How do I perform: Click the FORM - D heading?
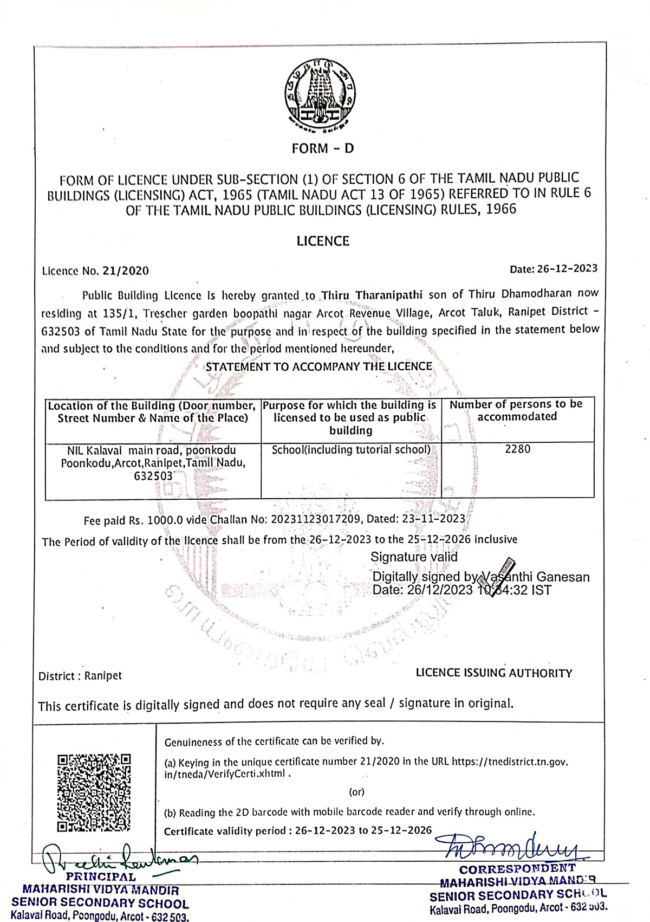click(322, 149)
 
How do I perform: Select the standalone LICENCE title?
click(323, 241)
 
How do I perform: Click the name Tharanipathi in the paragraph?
click(388, 295)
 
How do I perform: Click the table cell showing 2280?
click(517, 449)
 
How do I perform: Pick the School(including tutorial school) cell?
click(351, 450)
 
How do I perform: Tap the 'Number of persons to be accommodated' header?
click(516, 410)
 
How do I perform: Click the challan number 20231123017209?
click(316, 519)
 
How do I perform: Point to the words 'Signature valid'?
click(414, 557)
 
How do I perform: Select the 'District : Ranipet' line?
click(80, 676)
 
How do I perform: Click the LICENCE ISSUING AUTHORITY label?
click(493, 673)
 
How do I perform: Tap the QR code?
click(94, 792)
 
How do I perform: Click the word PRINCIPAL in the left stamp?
click(101, 877)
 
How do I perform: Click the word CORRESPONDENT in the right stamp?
click(517, 869)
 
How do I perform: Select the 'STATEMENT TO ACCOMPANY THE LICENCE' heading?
click(318, 367)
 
